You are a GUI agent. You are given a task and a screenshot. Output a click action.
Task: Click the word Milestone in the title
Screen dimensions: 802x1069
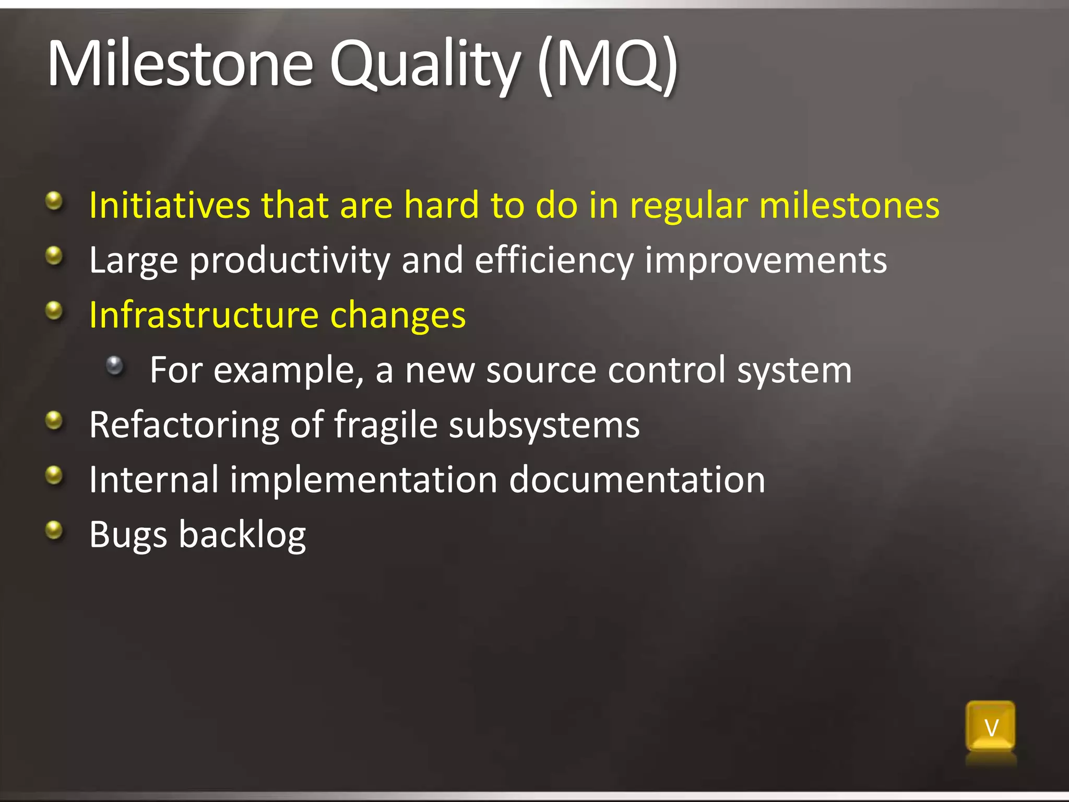pos(180,64)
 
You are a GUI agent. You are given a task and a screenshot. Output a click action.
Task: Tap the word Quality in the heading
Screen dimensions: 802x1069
pos(424,65)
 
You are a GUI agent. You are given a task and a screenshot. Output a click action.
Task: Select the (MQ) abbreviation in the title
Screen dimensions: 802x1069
pos(607,65)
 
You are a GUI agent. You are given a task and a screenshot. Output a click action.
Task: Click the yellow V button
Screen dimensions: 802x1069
pos(990,727)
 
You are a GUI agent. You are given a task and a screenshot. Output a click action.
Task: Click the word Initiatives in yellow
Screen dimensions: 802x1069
pos(170,205)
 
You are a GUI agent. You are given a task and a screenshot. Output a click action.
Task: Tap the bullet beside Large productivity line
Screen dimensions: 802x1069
pos(54,256)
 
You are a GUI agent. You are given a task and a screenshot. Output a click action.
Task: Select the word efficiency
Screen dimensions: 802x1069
pos(554,260)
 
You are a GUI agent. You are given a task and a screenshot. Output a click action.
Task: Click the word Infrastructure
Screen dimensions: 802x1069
pos(204,315)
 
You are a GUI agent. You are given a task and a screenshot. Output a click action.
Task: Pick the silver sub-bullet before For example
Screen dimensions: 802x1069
pos(114,365)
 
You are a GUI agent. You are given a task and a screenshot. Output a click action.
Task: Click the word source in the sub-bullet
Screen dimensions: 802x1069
pos(541,370)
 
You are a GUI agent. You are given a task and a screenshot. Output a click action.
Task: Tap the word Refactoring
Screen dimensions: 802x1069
pos(184,425)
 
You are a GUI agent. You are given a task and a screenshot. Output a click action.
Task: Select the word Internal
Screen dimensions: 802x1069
pos(153,479)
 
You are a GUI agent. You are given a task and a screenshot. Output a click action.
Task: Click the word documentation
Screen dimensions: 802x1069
pos(637,479)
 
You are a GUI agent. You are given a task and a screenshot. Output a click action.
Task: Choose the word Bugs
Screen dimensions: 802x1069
pos(128,535)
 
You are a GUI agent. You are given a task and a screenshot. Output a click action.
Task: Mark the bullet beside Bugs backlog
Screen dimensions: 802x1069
pos(54,530)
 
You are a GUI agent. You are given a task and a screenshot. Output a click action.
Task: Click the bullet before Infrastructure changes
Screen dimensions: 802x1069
pos(54,311)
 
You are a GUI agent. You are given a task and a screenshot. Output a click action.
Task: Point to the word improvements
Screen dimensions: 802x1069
pos(765,260)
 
